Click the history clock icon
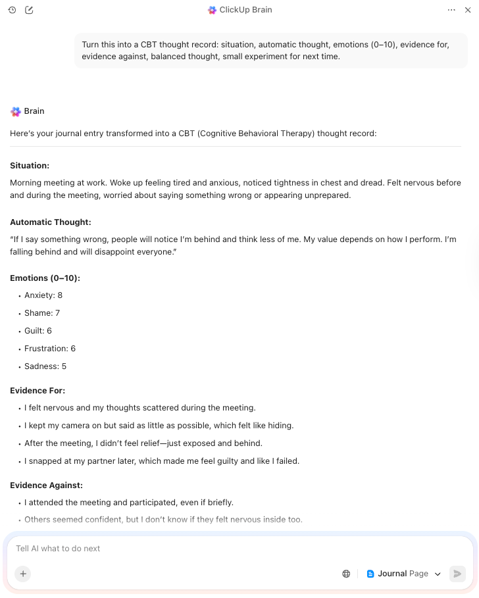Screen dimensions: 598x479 click(x=12, y=10)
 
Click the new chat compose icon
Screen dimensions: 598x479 click(x=29, y=10)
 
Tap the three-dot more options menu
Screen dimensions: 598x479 click(x=451, y=10)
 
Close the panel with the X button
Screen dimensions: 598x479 click(x=468, y=10)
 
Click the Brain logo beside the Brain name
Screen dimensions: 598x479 click(x=16, y=112)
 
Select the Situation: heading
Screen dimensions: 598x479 click(x=30, y=166)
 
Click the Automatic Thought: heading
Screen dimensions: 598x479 click(x=51, y=222)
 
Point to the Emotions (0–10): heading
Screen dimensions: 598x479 click(x=45, y=278)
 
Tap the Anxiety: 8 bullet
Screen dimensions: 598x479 click(x=43, y=295)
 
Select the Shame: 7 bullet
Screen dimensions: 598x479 click(x=42, y=313)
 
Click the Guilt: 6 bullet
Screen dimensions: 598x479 click(x=38, y=331)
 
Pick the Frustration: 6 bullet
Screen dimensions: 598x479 click(x=50, y=349)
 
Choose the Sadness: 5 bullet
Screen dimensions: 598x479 click(x=45, y=366)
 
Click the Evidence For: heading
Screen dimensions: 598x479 click(x=38, y=391)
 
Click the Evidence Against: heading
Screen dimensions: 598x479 click(x=46, y=486)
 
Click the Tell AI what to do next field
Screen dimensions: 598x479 click(x=197, y=548)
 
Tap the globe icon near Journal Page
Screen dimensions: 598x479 click(x=346, y=574)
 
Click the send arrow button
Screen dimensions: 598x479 click(x=457, y=574)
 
